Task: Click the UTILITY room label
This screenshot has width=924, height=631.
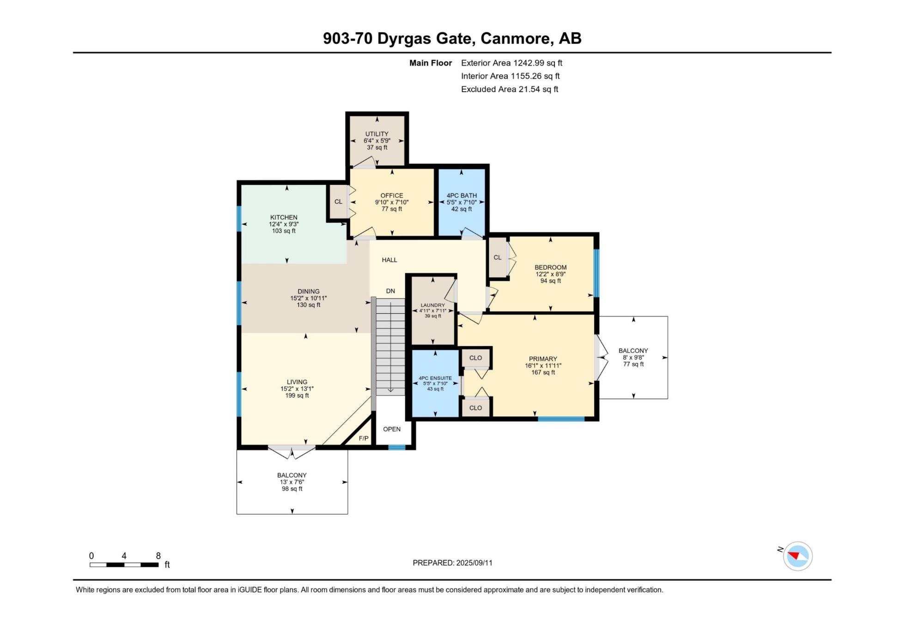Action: (x=377, y=134)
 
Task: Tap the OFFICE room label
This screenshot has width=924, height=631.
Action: (x=392, y=195)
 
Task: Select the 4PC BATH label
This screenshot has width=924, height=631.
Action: (x=462, y=195)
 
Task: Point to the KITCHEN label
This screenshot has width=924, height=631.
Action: (x=284, y=217)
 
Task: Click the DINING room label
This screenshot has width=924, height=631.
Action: (x=309, y=291)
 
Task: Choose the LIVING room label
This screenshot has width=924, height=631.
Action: (x=297, y=382)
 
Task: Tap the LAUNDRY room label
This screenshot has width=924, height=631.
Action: (x=433, y=305)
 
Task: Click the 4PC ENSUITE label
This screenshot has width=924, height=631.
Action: (x=435, y=378)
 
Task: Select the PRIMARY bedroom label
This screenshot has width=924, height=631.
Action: (x=543, y=359)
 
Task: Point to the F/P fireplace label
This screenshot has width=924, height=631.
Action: (x=364, y=438)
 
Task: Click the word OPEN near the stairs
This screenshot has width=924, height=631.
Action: (x=392, y=429)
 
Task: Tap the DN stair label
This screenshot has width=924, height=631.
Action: (x=390, y=291)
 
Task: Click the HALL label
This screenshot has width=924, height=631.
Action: (x=389, y=260)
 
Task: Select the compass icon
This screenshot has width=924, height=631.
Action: (x=797, y=556)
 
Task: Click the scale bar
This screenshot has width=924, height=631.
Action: (x=124, y=564)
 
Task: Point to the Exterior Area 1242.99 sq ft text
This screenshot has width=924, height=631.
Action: (x=511, y=63)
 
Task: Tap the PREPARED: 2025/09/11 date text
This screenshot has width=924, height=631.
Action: (x=452, y=563)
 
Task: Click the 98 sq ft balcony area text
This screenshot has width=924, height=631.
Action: (x=292, y=489)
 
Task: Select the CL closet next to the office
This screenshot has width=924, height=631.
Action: (x=338, y=202)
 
